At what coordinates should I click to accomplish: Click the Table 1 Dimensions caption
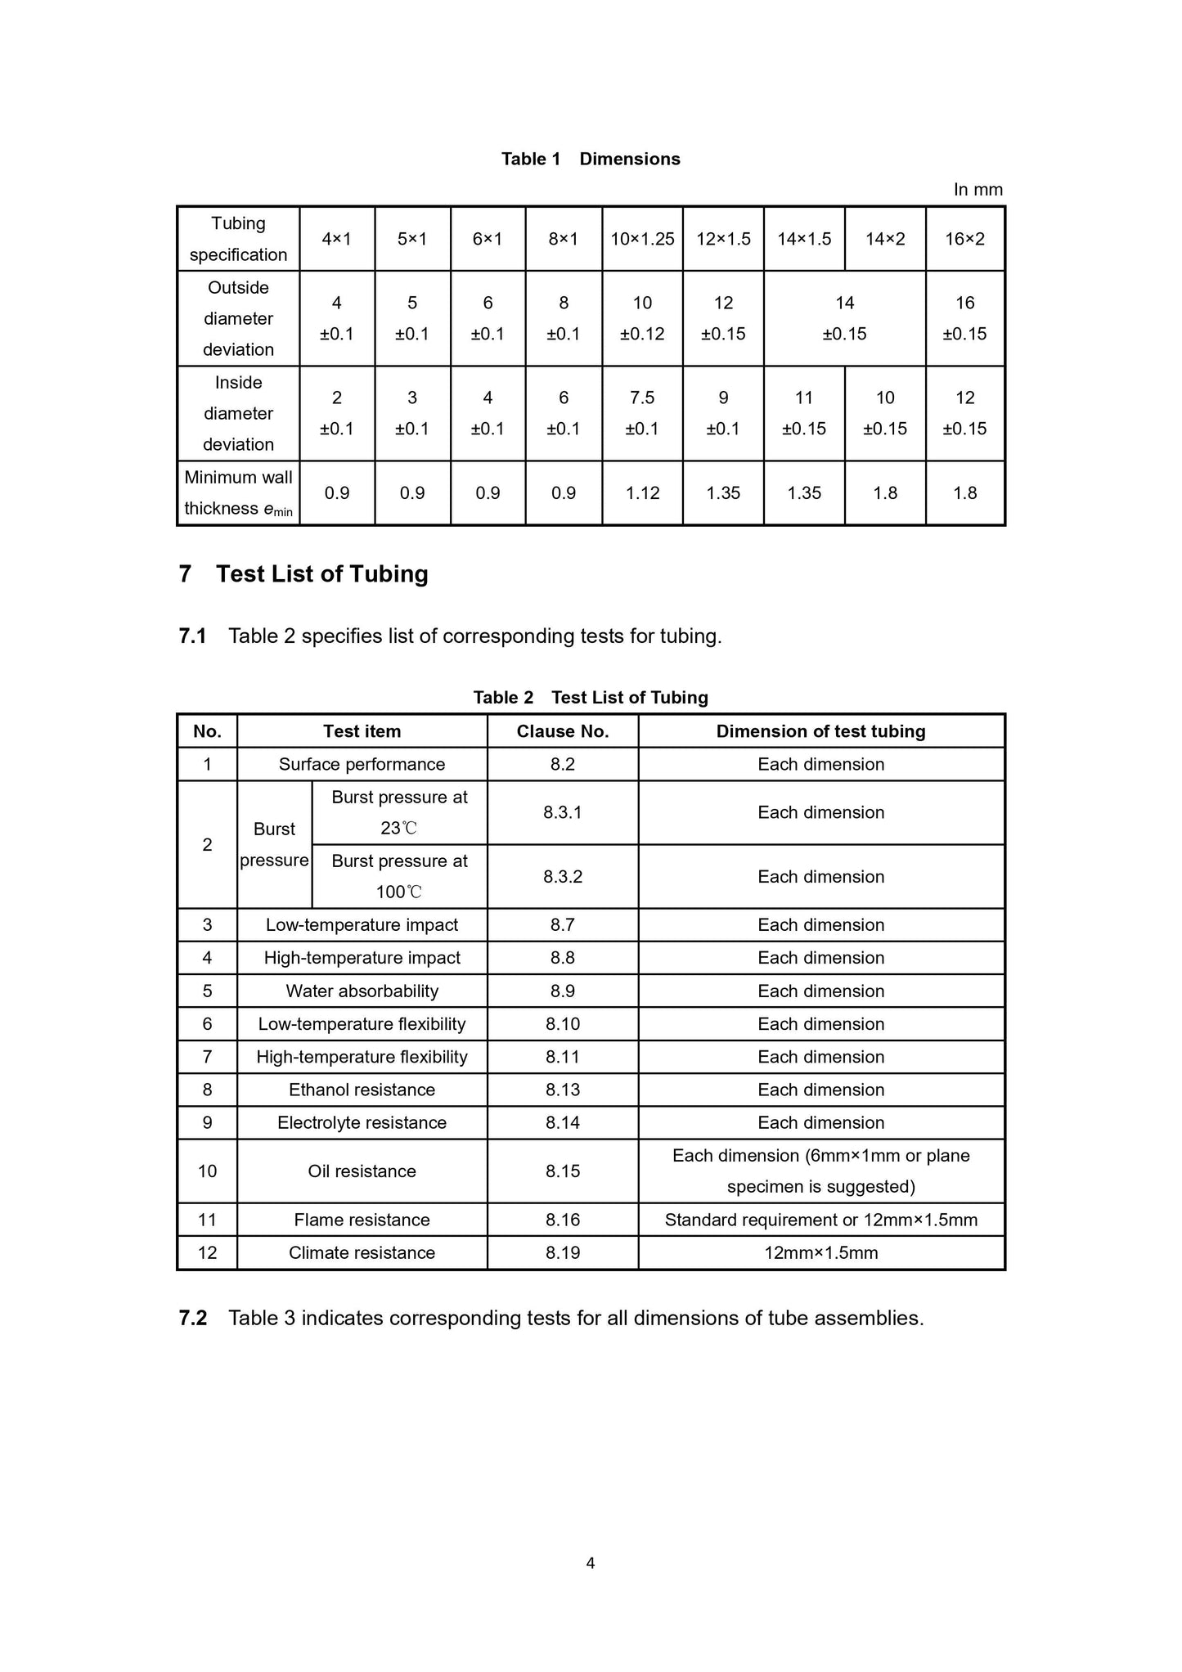click(x=591, y=159)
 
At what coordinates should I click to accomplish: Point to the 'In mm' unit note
click(x=978, y=190)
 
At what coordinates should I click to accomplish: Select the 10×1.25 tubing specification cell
click(x=642, y=239)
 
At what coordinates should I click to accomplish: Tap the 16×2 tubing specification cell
click(x=965, y=239)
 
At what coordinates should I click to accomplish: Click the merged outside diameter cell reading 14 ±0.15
click(x=844, y=318)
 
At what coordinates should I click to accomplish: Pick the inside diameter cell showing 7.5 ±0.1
click(x=642, y=413)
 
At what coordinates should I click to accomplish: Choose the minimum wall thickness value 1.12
click(x=642, y=493)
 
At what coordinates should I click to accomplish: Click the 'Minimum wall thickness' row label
click(x=238, y=493)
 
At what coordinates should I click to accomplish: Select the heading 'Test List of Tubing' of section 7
click(x=321, y=574)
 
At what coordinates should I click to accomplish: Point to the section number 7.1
click(x=192, y=636)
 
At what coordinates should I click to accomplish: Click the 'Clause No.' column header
click(x=563, y=731)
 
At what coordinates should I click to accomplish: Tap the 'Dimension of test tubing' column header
click(x=820, y=731)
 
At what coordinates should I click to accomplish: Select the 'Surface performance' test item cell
click(x=362, y=764)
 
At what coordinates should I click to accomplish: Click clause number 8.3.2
click(x=563, y=877)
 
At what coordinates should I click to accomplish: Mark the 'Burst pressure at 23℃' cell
click(x=399, y=812)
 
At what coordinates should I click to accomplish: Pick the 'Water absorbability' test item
click(x=362, y=991)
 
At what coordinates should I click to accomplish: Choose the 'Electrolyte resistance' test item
click(x=362, y=1123)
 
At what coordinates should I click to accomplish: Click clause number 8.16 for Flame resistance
click(x=563, y=1220)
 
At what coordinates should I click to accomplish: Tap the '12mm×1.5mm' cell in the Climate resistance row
click(x=820, y=1253)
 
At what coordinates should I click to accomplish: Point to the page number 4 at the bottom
click(x=591, y=1563)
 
